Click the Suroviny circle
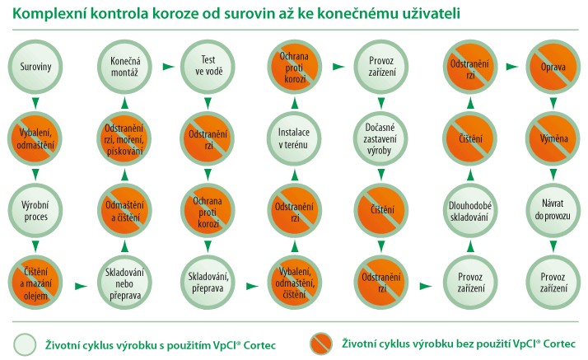[35, 67]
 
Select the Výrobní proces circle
[35, 210]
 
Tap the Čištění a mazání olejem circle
[35, 283]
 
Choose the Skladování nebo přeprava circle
[124, 283]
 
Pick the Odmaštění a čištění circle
[124, 210]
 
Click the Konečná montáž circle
[124, 67]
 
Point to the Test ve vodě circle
[208, 67]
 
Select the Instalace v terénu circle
[294, 138]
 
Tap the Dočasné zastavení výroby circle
[381, 138]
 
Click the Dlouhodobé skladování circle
[470, 210]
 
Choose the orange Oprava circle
[553, 67]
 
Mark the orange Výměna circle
[553, 138]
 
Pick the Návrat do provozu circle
[553, 210]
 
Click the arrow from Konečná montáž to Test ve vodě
[169, 67]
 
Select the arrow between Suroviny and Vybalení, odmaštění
[35, 103]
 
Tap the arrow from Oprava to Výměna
[553, 103]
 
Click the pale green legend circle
[25, 344]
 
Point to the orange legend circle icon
[321, 344]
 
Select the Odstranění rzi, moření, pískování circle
[124, 138]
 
